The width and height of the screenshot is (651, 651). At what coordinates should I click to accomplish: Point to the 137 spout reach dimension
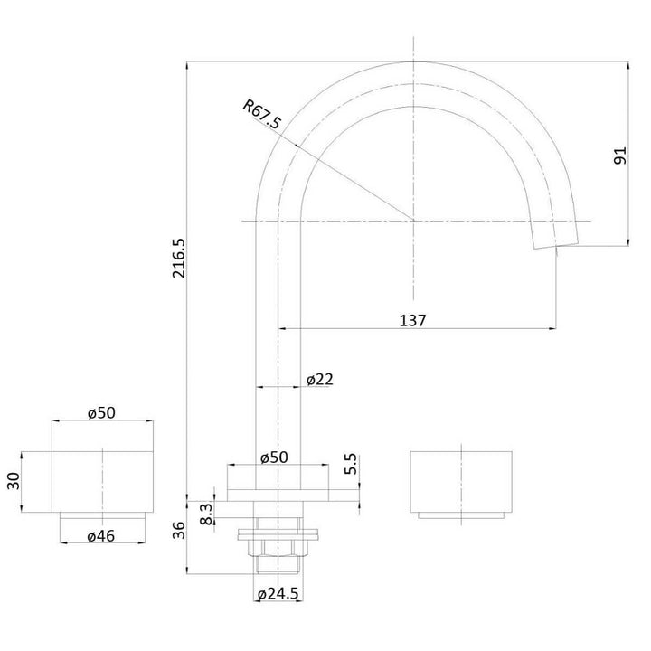(x=410, y=319)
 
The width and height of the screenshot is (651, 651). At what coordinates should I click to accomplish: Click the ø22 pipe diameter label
(x=319, y=380)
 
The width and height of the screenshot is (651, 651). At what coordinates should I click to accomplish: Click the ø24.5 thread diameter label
(x=278, y=594)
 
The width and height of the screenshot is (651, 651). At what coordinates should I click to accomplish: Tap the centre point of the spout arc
(x=414, y=221)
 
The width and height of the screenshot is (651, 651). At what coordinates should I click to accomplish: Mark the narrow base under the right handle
(x=461, y=514)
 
